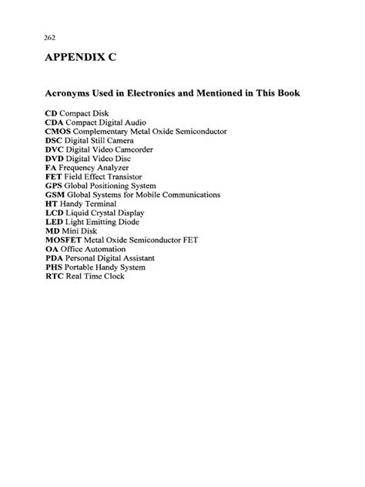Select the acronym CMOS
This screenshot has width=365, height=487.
pyautogui.click(x=59, y=132)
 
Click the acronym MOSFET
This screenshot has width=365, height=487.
pyautogui.click(x=67, y=240)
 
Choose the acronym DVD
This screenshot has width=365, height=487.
pyautogui.click(x=55, y=159)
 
